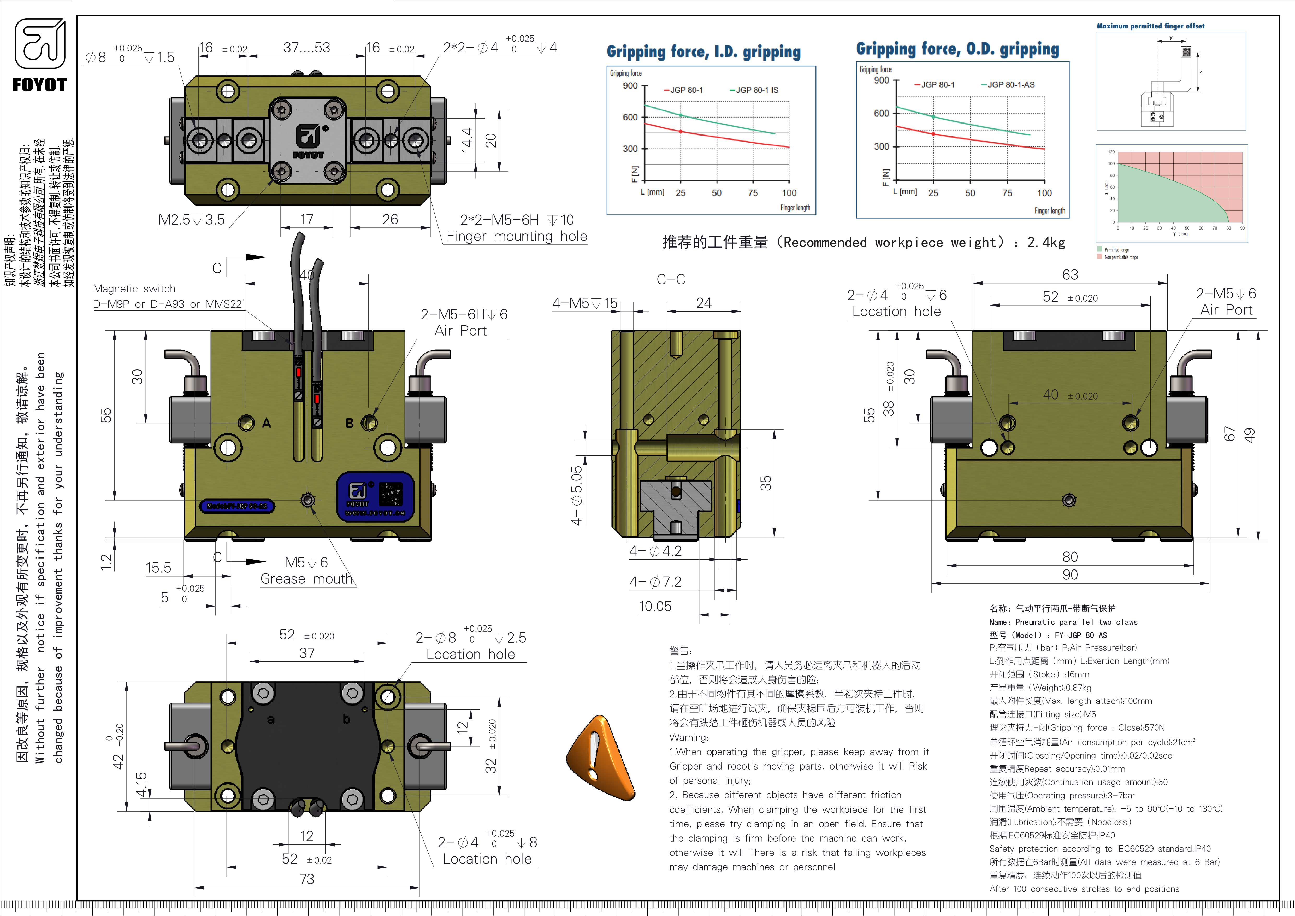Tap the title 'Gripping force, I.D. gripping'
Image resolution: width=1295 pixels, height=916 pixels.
(703, 52)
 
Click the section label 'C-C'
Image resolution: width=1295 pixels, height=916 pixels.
(671, 279)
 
